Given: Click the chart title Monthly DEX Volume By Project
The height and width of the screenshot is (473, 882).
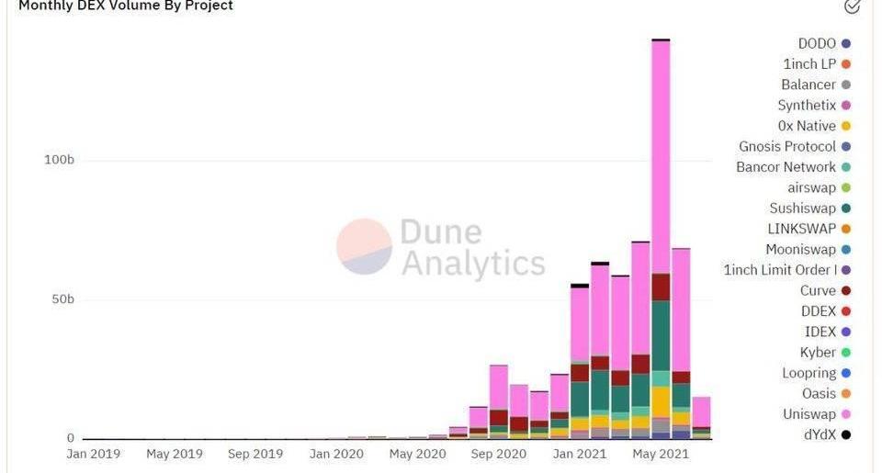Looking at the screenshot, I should click(126, 6).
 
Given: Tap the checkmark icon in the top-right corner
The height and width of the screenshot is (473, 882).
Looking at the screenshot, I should click(852, 6).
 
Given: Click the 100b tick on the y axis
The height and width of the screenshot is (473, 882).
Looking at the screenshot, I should click(59, 160).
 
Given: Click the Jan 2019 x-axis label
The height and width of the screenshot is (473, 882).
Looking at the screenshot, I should click(93, 454).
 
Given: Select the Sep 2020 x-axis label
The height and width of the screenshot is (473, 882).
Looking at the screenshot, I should click(498, 454).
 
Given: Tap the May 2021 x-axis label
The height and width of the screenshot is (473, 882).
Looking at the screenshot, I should click(661, 454).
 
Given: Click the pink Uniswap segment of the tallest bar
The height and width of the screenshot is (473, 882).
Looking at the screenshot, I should click(661, 156).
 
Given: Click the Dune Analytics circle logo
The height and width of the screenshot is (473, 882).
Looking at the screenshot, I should click(364, 246).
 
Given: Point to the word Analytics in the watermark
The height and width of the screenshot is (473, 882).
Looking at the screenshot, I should click(473, 264).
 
